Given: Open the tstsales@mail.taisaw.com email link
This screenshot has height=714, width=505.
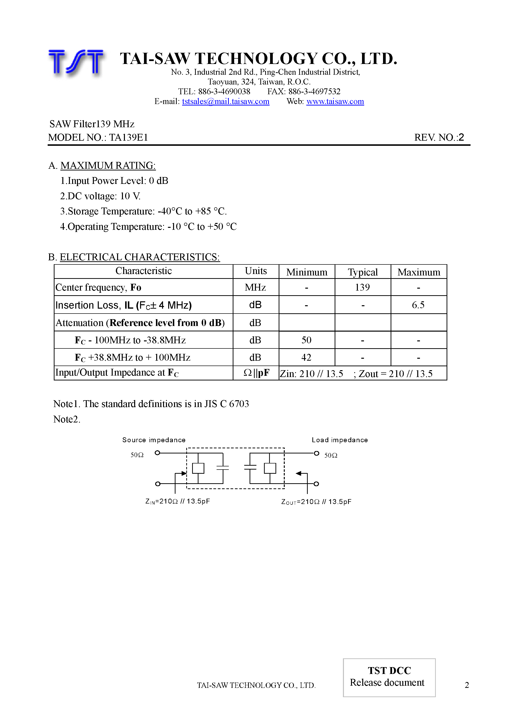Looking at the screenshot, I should (x=225, y=101).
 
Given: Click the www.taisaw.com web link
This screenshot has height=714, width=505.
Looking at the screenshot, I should (x=335, y=101).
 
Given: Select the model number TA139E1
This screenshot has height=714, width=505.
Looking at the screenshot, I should (x=128, y=137).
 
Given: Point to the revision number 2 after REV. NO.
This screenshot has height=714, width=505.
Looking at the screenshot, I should (x=461, y=137).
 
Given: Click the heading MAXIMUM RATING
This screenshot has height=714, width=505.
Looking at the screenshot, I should (x=108, y=166).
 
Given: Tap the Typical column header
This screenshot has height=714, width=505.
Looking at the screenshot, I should (x=363, y=272).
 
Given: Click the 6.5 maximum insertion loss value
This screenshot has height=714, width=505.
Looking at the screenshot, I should (x=418, y=305).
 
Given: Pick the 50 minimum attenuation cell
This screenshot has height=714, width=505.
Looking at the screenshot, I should (x=306, y=340).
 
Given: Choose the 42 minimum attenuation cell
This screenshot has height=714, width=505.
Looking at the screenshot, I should (x=306, y=357).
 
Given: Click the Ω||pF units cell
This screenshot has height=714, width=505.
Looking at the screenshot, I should (x=256, y=373).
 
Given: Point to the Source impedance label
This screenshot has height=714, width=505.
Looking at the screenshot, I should (x=154, y=440).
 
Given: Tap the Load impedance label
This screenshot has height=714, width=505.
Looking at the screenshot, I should (x=340, y=440).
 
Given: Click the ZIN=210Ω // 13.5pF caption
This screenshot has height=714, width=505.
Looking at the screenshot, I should (x=178, y=501).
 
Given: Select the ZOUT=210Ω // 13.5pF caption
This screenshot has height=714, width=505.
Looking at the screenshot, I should (x=316, y=502).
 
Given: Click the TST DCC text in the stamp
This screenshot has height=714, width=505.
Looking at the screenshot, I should (x=389, y=671).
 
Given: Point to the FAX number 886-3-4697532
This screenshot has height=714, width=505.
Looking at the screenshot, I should (x=314, y=91).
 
